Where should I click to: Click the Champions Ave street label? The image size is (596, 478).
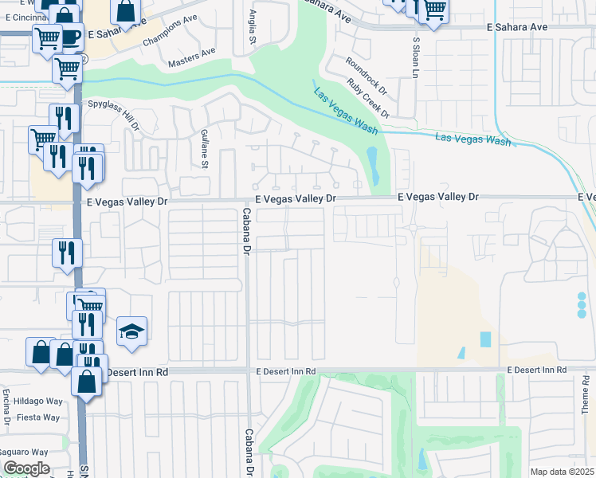(168, 33)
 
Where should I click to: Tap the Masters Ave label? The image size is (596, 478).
(192, 57)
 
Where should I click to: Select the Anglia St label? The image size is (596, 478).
(253, 29)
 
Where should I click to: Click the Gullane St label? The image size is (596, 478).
(204, 149)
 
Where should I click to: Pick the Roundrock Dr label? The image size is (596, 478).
(365, 76)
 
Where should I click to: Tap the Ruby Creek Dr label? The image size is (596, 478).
(368, 97)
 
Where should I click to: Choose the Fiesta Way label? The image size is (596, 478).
(40, 417)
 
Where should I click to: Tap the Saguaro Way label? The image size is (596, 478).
(33, 452)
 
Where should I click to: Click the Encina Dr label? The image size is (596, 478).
(6, 407)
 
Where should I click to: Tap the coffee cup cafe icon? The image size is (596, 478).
(69, 36)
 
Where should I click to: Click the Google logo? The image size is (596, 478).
(26, 468)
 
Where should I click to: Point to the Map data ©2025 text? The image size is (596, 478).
(563, 472)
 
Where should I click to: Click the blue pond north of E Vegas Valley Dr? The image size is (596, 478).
(371, 163)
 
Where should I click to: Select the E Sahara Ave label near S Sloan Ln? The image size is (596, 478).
(517, 27)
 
